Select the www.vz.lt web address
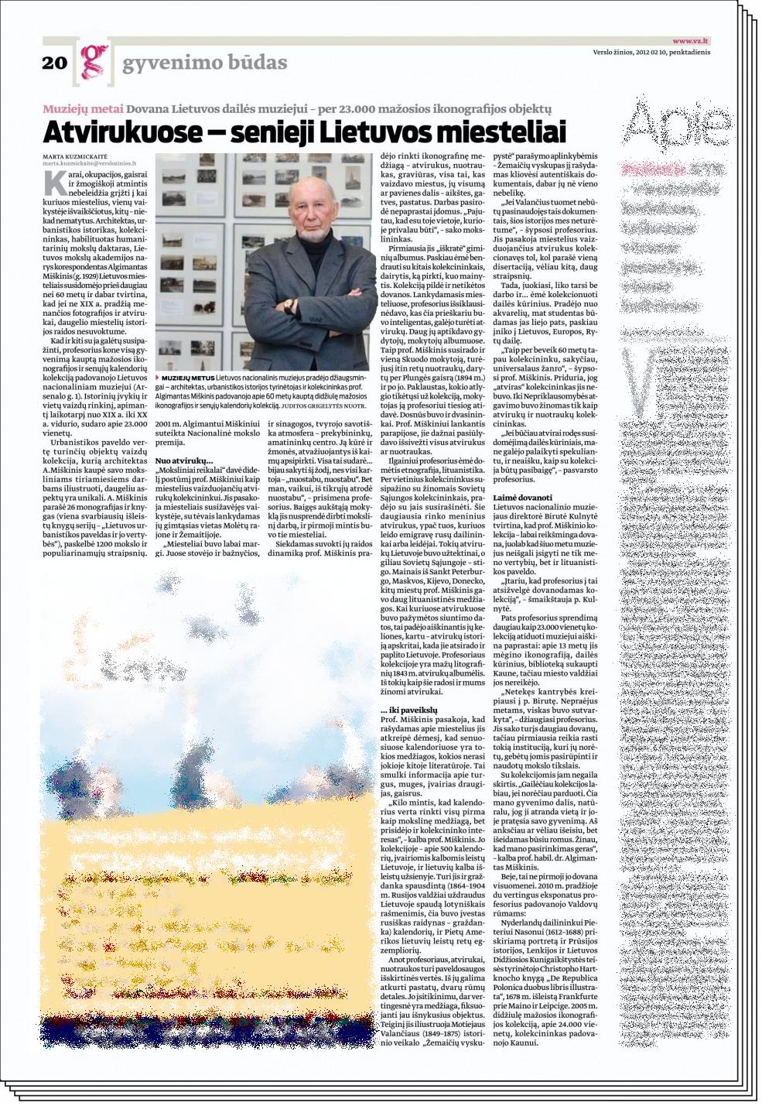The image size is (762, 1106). click(692, 40)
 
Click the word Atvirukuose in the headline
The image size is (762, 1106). click(148, 132)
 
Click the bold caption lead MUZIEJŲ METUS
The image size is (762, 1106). click(183, 375)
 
